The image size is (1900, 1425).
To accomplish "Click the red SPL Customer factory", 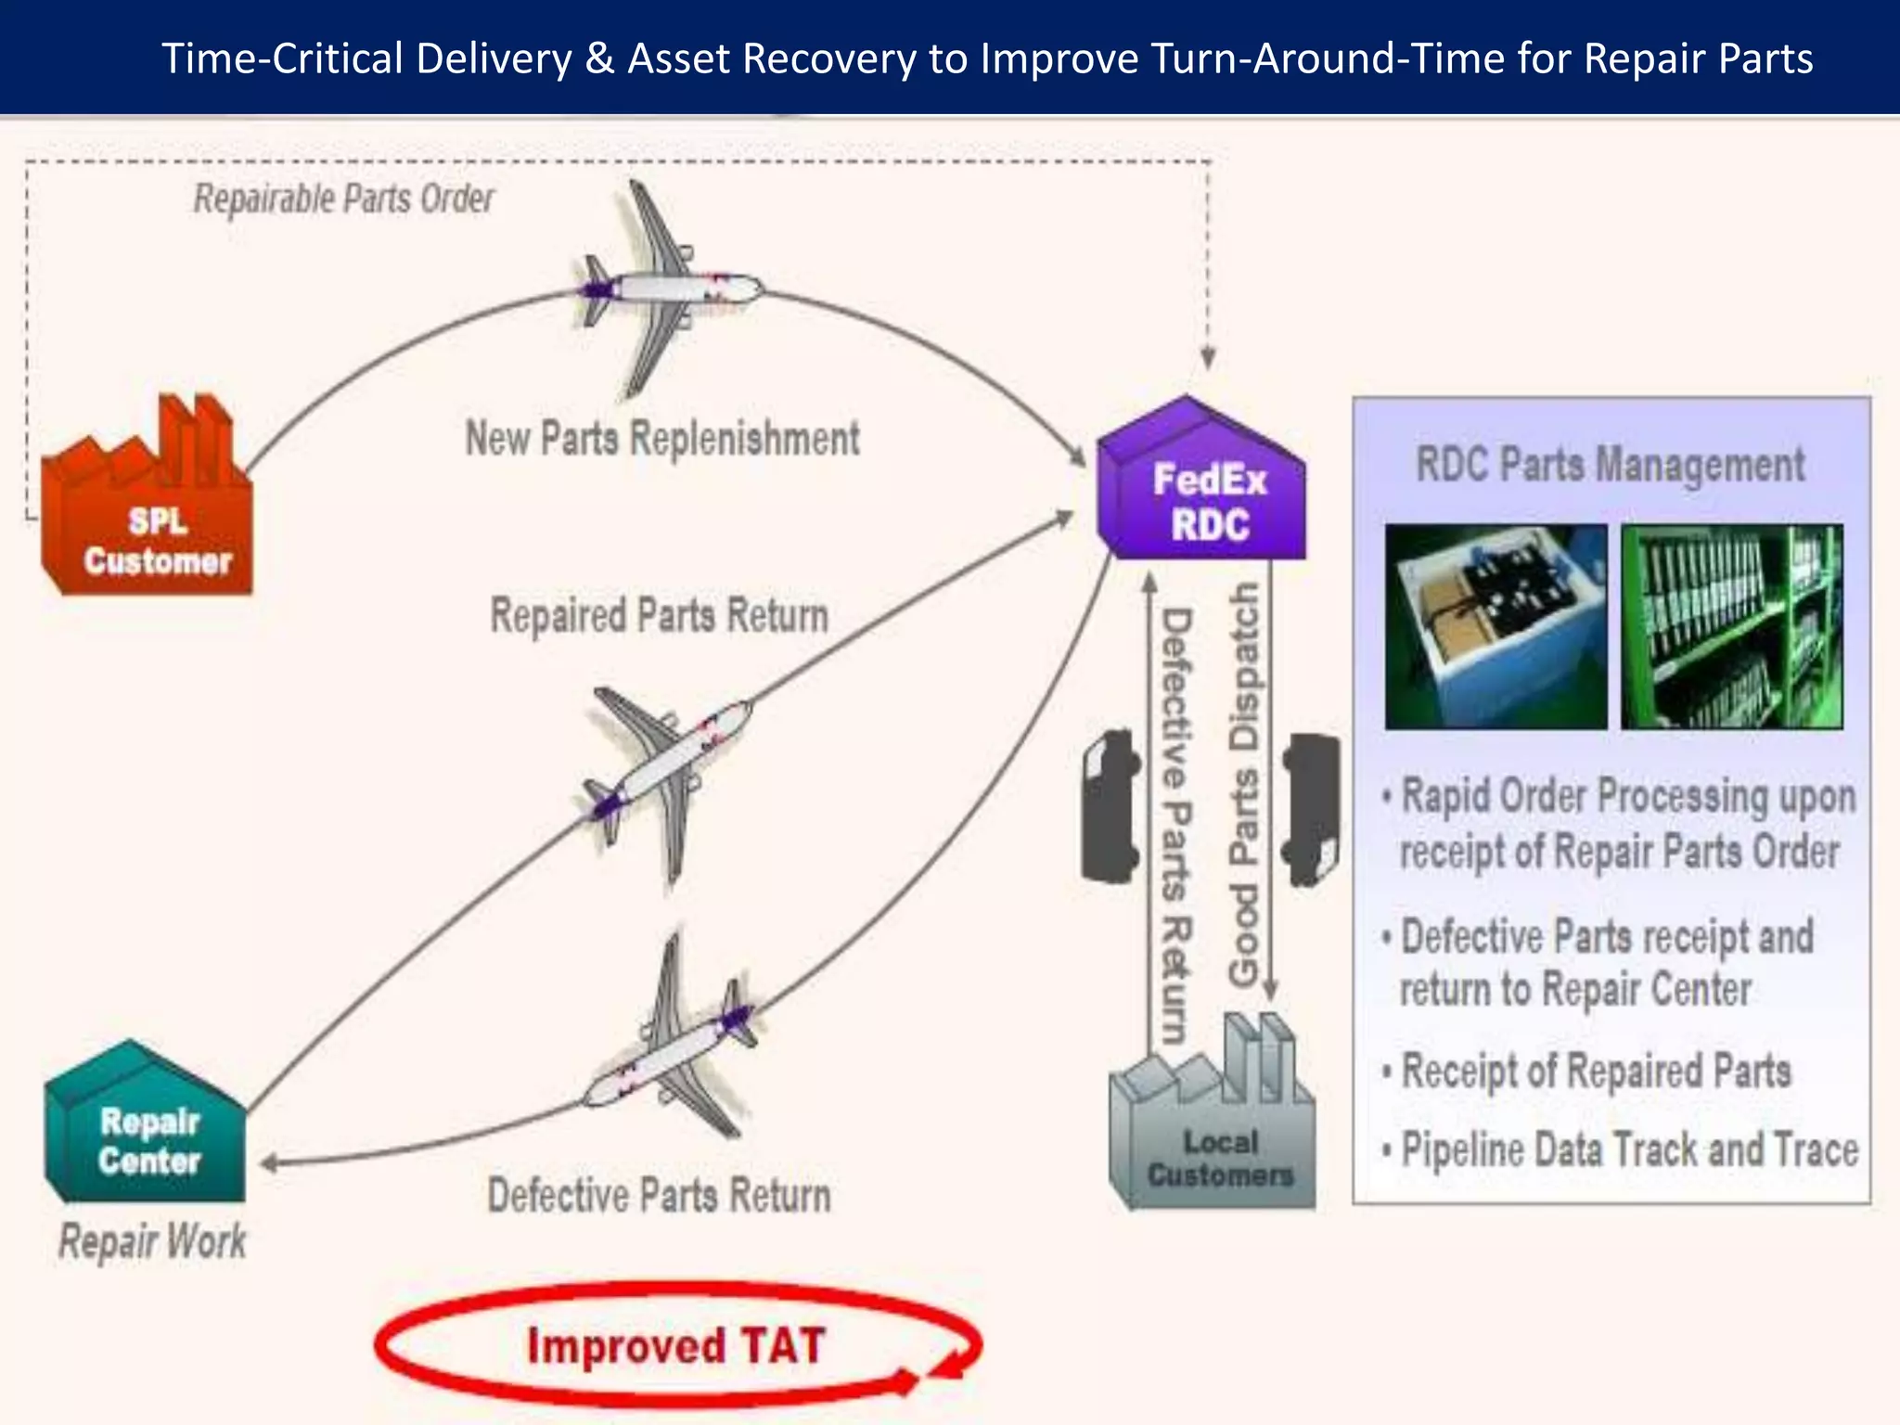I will coord(148,520).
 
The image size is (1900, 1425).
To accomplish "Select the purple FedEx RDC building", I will coord(1202,492).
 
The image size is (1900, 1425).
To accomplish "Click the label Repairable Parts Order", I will coord(343,199).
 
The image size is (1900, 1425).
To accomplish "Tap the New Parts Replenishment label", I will coord(662,438).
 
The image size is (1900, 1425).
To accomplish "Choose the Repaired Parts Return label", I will coord(659,616).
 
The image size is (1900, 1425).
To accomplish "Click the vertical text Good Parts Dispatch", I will coord(1244,784).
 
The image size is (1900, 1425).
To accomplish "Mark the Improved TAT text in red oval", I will coord(675,1345).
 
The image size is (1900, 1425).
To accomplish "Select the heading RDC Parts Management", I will coord(1610,464).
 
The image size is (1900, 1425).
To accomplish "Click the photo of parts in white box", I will coord(1496,627).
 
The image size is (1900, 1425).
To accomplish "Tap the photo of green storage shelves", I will coord(1731,627).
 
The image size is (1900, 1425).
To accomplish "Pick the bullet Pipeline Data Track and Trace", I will coord(1628,1150).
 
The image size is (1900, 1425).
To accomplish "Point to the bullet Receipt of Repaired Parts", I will coord(1596,1072).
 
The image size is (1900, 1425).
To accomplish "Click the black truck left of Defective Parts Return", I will coord(1110,805).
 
